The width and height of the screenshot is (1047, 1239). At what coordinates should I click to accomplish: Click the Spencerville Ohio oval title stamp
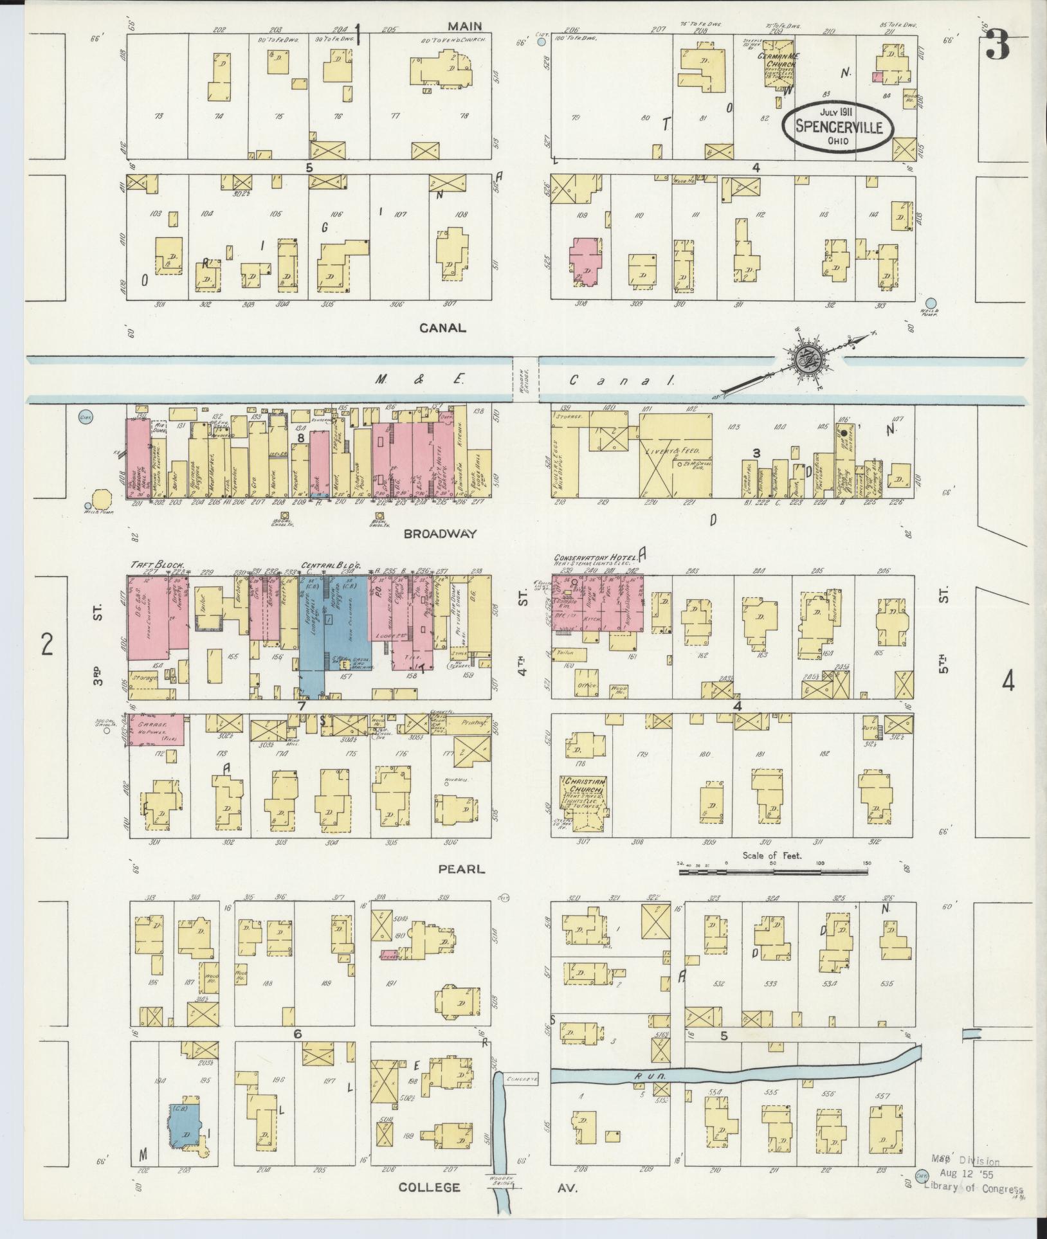pyautogui.click(x=837, y=125)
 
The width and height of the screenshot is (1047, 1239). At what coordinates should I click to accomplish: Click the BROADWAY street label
pyautogui.click(x=441, y=534)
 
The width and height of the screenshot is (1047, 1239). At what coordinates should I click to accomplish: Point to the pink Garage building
pyautogui.click(x=156, y=730)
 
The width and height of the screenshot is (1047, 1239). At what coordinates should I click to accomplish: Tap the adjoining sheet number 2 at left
pyautogui.click(x=46, y=644)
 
